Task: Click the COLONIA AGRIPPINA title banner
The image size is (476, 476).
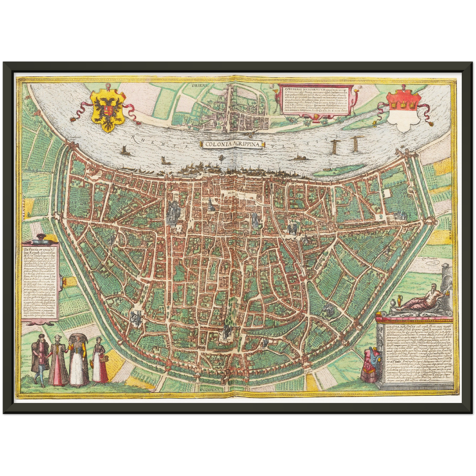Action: tap(231, 144)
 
